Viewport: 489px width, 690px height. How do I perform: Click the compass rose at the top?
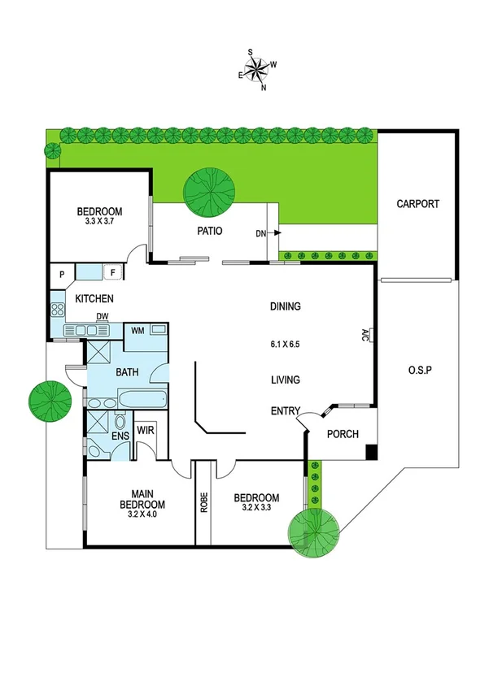tap(257, 67)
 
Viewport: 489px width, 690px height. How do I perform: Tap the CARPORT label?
tap(417, 204)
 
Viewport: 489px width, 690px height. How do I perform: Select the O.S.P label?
tap(419, 370)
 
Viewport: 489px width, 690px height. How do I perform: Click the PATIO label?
tap(209, 231)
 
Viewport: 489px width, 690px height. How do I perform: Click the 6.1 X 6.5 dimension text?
tap(286, 344)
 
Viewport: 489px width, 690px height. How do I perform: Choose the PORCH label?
tap(343, 433)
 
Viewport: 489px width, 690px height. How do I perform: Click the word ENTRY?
tap(286, 411)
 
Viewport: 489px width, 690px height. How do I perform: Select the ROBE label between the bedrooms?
tap(203, 503)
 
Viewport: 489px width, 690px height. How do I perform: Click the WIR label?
tap(146, 429)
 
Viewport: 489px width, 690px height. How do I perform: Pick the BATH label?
tap(127, 373)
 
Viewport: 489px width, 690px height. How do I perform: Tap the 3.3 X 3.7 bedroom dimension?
tap(102, 220)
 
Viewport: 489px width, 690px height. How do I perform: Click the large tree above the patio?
tap(207, 189)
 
